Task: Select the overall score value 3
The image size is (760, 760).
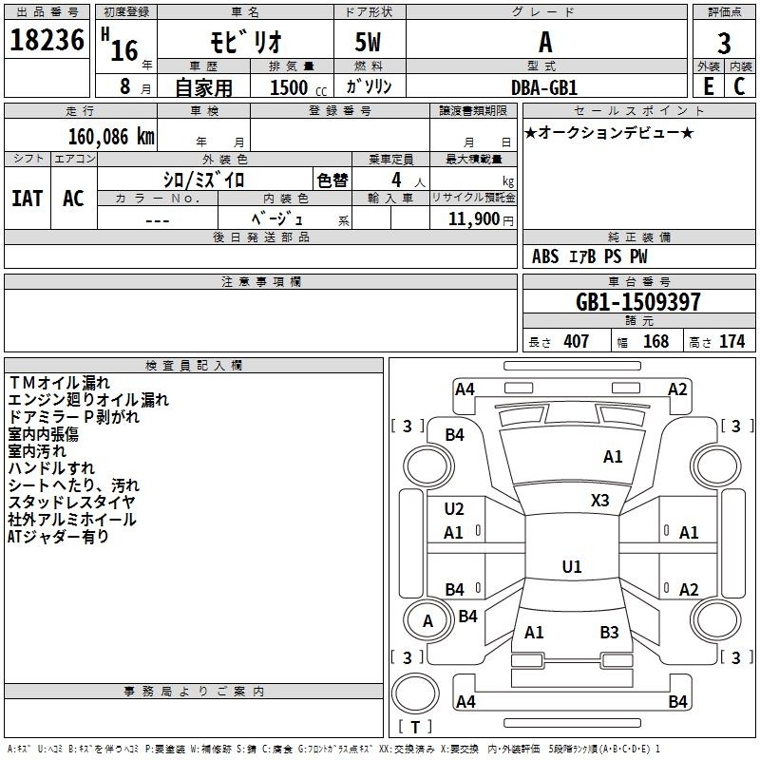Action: tap(724, 44)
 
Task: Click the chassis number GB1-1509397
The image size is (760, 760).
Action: tap(638, 302)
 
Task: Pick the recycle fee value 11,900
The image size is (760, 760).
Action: tap(473, 219)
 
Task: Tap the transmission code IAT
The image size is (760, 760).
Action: tap(27, 199)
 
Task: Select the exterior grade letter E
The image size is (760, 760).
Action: tap(708, 86)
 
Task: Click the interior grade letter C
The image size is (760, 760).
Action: tap(739, 86)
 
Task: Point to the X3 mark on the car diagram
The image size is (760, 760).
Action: tap(600, 500)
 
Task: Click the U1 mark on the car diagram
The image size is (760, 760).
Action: tap(571, 567)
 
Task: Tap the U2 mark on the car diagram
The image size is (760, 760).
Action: tap(454, 509)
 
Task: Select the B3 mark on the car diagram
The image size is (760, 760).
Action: tap(609, 632)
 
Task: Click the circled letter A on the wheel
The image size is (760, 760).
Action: tap(427, 621)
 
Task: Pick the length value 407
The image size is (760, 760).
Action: tap(576, 341)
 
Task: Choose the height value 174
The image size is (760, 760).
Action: tap(731, 341)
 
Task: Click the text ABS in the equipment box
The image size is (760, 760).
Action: tap(545, 256)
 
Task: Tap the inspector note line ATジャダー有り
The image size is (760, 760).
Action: tap(58, 537)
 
